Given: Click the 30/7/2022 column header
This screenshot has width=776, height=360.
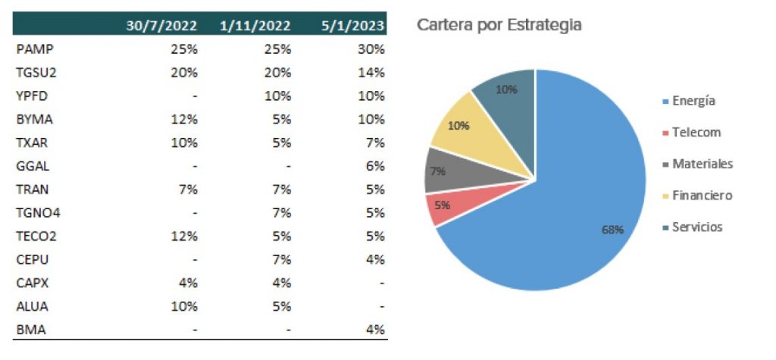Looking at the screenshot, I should pyautogui.click(x=162, y=25).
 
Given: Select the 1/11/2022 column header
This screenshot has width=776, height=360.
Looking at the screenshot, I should pyautogui.click(x=255, y=25).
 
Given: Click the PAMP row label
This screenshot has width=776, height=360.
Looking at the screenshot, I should pyautogui.click(x=35, y=49).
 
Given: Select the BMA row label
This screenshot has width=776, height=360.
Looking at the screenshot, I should pyautogui.click(x=29, y=330).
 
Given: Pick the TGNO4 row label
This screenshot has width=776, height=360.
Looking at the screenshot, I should pyautogui.click(x=37, y=213).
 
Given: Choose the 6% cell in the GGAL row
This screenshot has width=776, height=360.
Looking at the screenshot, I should pyautogui.click(x=375, y=166).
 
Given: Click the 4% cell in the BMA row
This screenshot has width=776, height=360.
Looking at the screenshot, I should pyautogui.click(x=375, y=330).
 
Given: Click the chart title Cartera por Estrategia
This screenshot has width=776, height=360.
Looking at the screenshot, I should pyautogui.click(x=499, y=25).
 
